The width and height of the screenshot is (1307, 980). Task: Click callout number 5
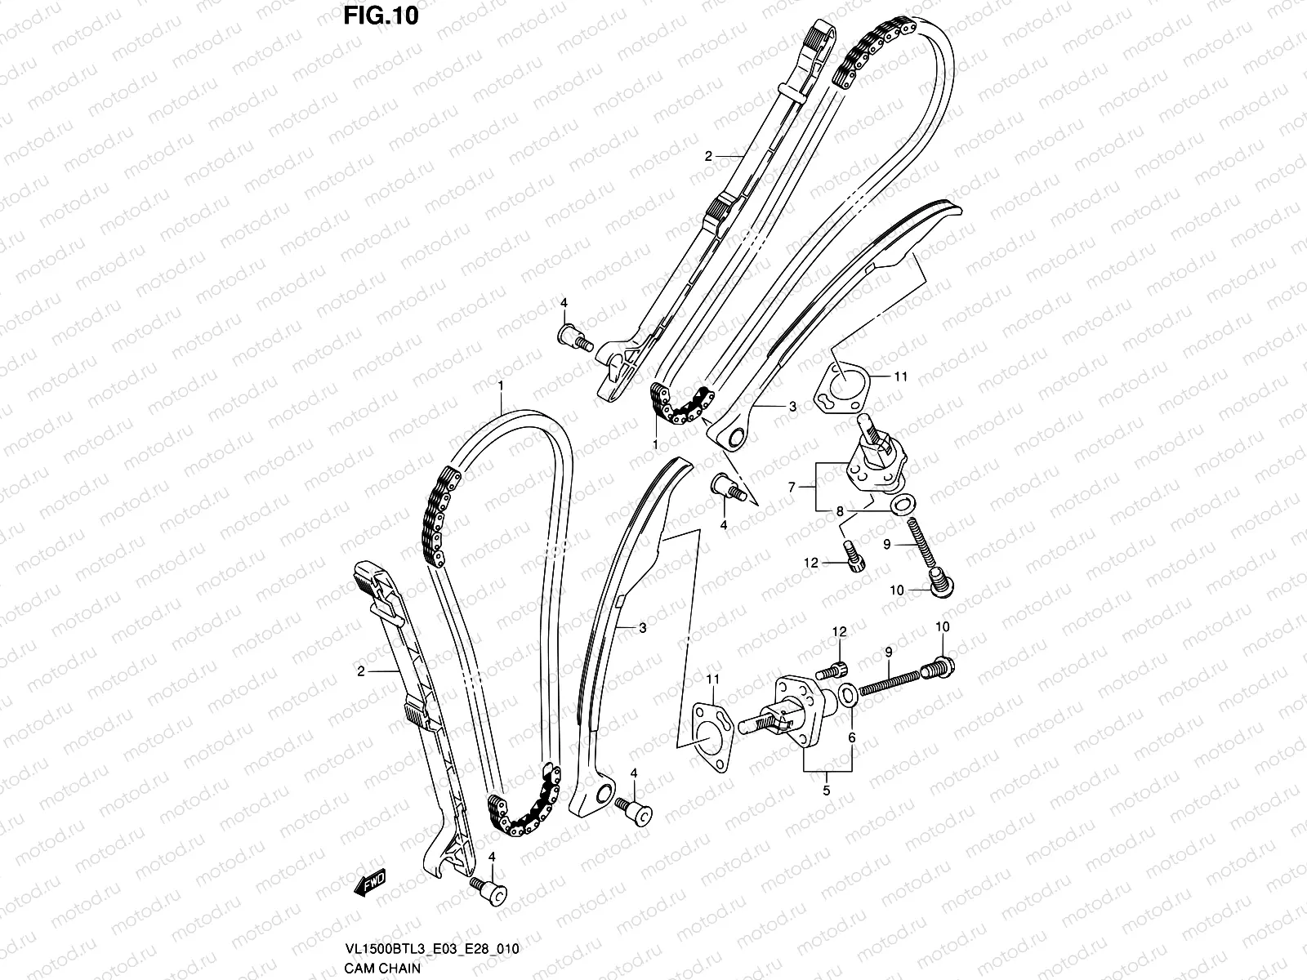(827, 791)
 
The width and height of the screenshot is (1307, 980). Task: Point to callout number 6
(851, 737)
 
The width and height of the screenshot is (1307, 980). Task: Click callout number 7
(791, 488)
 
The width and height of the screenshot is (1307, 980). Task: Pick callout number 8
(839, 512)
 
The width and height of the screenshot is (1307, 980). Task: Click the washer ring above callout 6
(849, 695)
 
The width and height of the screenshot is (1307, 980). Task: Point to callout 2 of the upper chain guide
(709, 154)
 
